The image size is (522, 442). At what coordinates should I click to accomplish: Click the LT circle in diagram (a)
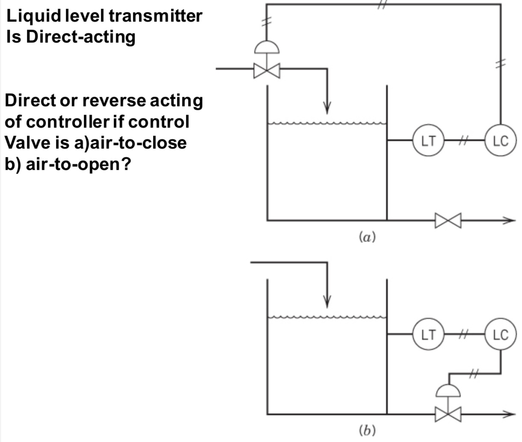(428, 140)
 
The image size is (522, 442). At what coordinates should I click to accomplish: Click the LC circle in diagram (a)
(501, 140)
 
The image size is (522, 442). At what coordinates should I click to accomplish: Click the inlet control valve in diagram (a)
(267, 71)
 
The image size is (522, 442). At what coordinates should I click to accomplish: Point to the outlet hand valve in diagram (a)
(448, 221)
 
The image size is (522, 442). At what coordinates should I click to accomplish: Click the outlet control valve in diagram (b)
(448, 414)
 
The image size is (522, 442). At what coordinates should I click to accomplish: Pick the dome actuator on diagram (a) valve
(267, 47)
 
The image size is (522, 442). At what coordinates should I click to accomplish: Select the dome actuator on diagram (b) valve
(448, 390)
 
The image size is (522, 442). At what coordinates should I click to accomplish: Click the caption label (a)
(367, 236)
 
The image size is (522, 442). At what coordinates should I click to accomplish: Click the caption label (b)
(367, 430)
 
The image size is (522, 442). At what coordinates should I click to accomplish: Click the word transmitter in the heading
(155, 16)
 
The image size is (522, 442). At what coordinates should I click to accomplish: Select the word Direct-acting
(81, 37)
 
